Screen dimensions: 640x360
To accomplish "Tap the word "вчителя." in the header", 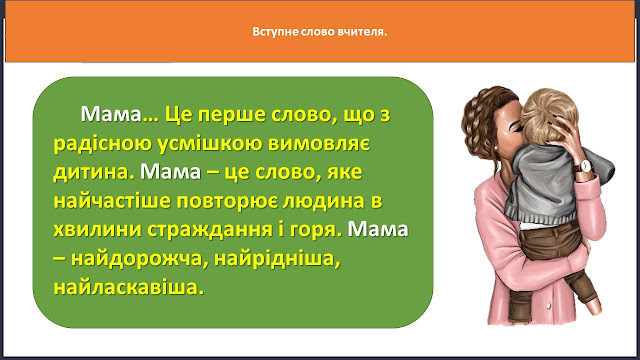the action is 362,31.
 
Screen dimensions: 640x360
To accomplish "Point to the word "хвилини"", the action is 97,229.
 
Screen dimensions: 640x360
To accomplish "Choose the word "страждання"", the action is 209,230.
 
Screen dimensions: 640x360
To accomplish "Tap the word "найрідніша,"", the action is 277,259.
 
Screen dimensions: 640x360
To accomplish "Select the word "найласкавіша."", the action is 129,287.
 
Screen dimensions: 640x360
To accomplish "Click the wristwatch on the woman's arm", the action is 584,167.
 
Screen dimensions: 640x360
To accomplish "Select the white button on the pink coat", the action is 549,305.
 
